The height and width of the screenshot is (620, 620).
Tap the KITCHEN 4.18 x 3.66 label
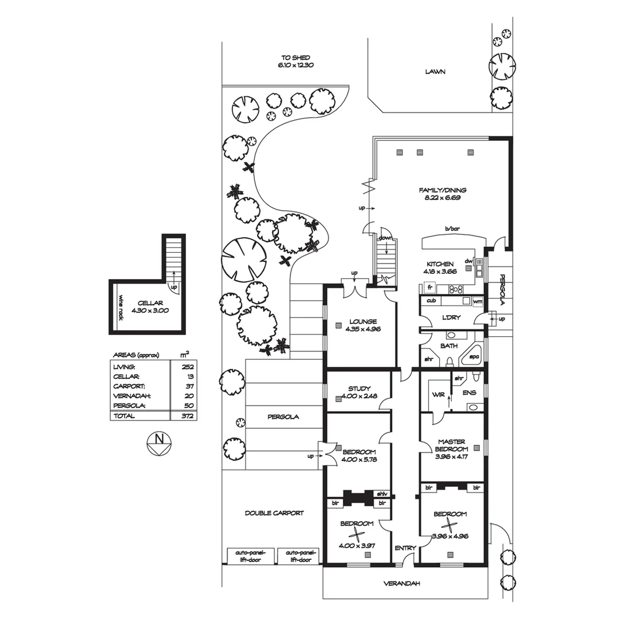pyautogui.click(x=440, y=268)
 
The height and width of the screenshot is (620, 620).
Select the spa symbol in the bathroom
pyautogui.click(x=474, y=356)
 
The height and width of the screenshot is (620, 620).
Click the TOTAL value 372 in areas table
pyautogui.click(x=188, y=416)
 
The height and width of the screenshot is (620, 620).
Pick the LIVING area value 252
pyautogui.click(x=188, y=366)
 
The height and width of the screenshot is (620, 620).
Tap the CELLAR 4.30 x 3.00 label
pyautogui.click(x=150, y=307)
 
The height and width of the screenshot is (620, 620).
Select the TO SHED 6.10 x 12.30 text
pyautogui.click(x=296, y=61)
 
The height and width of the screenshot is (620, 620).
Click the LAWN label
pyautogui.click(x=435, y=72)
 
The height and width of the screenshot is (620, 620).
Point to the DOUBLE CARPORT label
pyautogui.click(x=274, y=513)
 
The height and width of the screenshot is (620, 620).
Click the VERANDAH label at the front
pyautogui.click(x=402, y=583)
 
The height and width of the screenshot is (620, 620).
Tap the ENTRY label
pyautogui.click(x=405, y=548)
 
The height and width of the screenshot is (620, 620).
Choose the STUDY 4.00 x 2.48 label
pyautogui.click(x=359, y=392)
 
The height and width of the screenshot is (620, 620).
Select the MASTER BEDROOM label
pyautogui.click(x=451, y=449)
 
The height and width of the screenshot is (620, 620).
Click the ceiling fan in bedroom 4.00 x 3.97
pyautogui.click(x=358, y=536)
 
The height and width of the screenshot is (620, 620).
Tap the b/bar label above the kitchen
pyautogui.click(x=452, y=228)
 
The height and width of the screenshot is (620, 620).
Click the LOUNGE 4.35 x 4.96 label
pyautogui.click(x=361, y=325)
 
